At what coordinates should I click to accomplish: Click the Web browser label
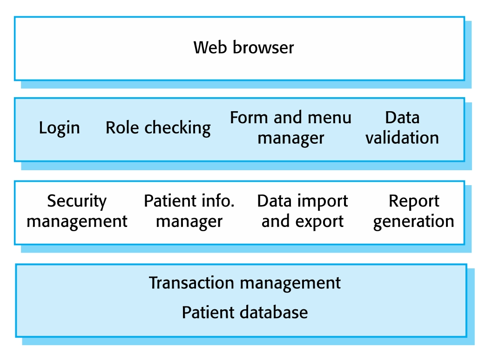click(x=243, y=47)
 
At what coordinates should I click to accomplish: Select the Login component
click(x=59, y=128)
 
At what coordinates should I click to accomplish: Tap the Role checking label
click(x=158, y=128)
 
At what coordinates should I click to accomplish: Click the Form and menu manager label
click(x=291, y=127)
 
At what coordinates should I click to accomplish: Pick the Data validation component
click(x=402, y=127)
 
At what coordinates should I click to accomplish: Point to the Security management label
click(x=77, y=211)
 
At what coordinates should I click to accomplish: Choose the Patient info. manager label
click(x=189, y=211)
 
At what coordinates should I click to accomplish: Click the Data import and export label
click(x=303, y=211)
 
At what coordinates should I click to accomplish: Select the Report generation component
click(x=413, y=211)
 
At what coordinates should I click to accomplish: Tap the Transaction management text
click(x=245, y=283)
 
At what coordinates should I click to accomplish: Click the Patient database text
click(x=245, y=312)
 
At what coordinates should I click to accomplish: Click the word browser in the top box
click(x=263, y=47)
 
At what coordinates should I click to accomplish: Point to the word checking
click(x=178, y=128)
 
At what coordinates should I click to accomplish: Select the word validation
click(x=402, y=138)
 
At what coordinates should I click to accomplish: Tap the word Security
click(x=77, y=201)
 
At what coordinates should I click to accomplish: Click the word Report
click(x=414, y=201)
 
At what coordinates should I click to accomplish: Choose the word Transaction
click(x=191, y=283)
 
